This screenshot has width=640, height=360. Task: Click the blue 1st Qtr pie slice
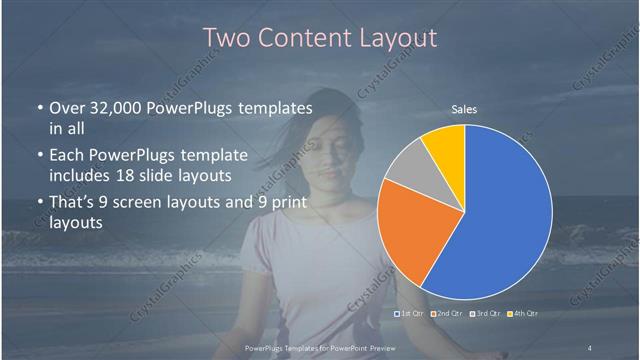(x=500, y=215)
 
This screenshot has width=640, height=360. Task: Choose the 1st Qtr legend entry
(x=411, y=314)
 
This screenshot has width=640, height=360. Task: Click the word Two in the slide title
(x=226, y=38)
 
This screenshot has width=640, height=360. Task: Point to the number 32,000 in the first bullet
(x=113, y=108)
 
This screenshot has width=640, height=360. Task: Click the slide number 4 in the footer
(x=589, y=347)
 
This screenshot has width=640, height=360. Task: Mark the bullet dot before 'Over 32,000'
(x=38, y=108)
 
